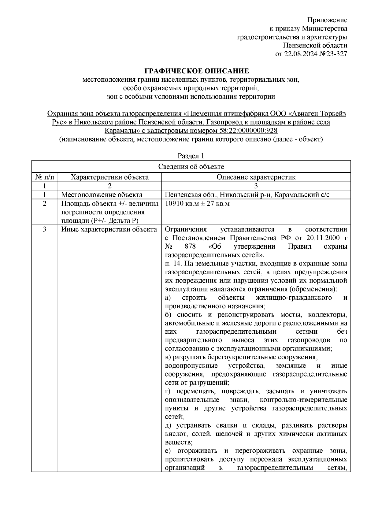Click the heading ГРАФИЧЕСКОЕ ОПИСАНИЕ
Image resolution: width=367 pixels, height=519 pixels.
point(197,71)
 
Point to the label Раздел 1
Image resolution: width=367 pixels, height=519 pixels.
point(191,156)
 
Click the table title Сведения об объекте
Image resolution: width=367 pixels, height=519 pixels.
point(191,166)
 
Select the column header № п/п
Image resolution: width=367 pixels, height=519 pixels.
point(45,177)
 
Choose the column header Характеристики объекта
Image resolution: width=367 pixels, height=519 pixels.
point(110,177)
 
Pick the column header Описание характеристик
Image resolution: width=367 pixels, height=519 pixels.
point(256,177)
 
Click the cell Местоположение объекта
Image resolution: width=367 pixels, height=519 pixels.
point(102,195)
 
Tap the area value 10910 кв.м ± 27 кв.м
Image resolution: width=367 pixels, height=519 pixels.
point(197,204)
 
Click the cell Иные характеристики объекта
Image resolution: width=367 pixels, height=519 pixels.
point(109,229)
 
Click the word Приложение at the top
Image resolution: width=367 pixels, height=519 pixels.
point(327,20)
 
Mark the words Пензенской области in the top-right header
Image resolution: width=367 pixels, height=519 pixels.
point(315,46)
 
